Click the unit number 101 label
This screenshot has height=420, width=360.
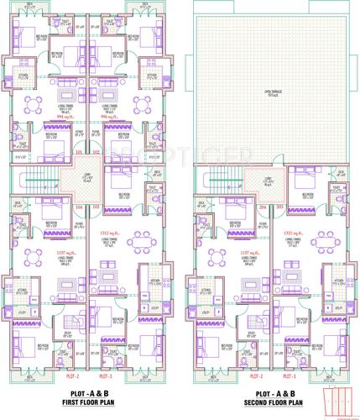click(x=81, y=153)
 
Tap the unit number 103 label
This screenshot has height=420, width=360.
click(x=97, y=206)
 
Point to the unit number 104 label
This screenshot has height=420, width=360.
click(x=81, y=206)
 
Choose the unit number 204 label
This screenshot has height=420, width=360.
click(x=263, y=206)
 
